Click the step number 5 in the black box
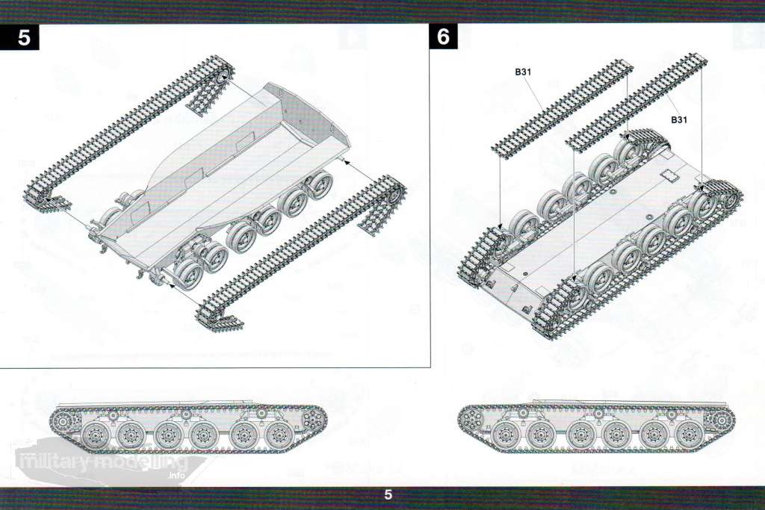tap(24, 37)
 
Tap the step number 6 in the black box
tap(444, 37)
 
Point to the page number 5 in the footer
tap(388, 494)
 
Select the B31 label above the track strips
tap(523, 72)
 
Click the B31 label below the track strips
tap(678, 119)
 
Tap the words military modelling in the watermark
tap(102, 460)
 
